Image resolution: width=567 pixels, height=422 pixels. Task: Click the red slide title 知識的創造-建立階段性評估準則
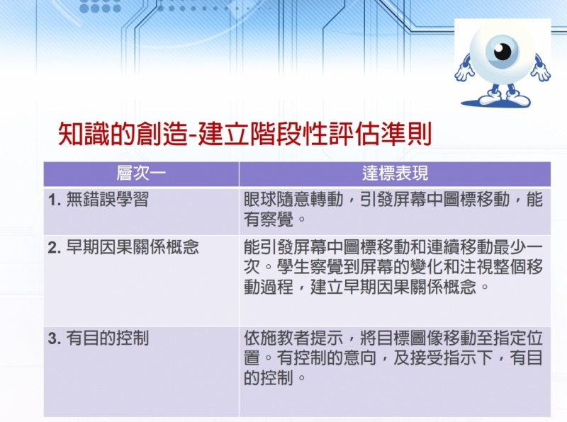[245, 134]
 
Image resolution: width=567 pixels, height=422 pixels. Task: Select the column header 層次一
[141, 173]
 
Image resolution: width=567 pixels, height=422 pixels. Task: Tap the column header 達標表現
[395, 173]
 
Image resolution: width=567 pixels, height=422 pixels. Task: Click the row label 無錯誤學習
[107, 200]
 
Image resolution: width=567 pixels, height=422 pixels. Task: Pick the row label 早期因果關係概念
[133, 248]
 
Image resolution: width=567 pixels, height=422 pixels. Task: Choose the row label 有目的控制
[107, 338]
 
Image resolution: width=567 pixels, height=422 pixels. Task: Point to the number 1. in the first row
[55, 200]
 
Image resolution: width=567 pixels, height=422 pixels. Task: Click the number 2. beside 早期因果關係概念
[55, 248]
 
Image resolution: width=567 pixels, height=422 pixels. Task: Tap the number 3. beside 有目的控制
[55, 339]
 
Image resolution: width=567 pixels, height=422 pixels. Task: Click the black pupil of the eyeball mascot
[503, 52]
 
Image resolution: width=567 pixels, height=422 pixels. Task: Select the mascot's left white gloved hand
[464, 72]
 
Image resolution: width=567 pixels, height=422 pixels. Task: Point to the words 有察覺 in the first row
[269, 219]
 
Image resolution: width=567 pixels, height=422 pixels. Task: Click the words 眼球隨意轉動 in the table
[293, 200]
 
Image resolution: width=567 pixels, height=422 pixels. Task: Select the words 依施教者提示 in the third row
[293, 338]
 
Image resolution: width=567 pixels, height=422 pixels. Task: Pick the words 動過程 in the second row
[269, 287]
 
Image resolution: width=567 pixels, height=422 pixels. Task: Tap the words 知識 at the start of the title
[83, 134]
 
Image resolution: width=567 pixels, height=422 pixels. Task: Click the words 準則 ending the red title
[408, 134]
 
